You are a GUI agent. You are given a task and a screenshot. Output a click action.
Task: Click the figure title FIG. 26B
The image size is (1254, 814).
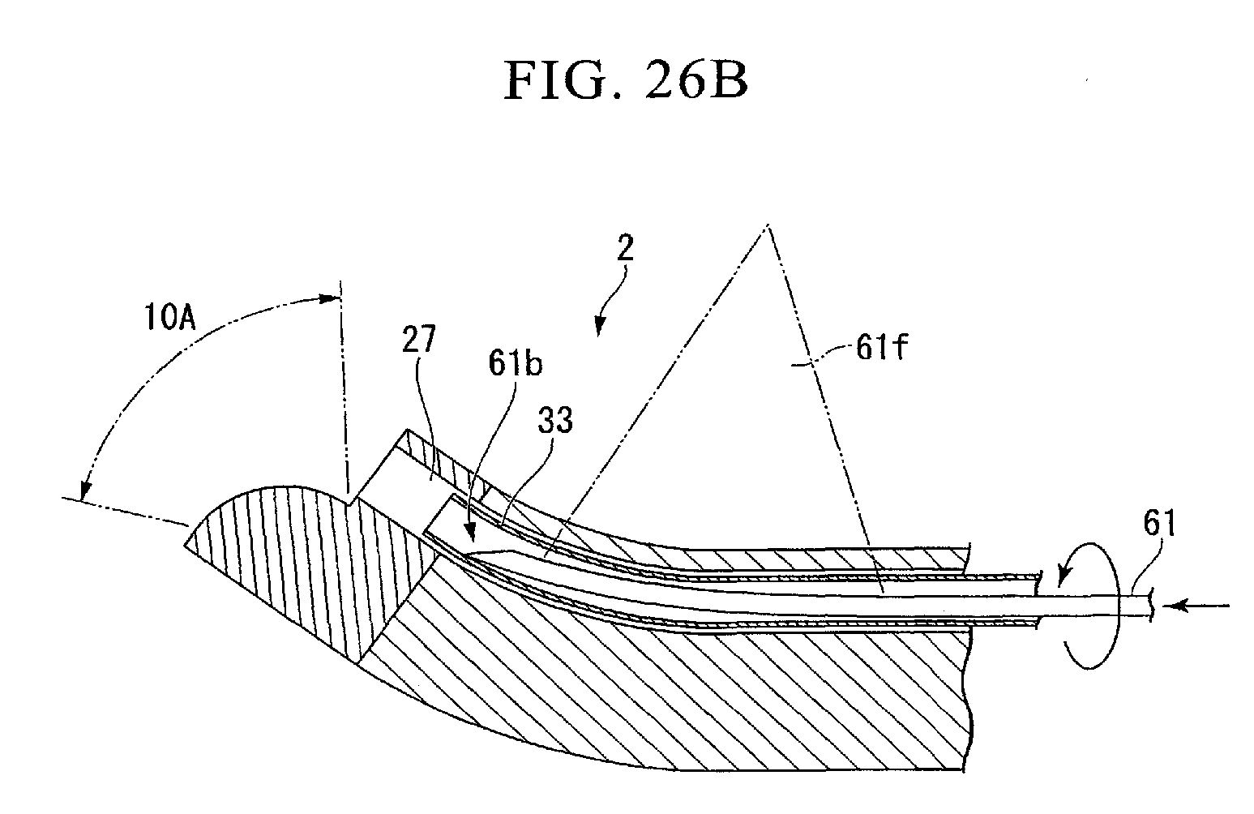[625, 82]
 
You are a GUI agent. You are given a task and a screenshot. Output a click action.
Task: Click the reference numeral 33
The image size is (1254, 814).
[554, 422]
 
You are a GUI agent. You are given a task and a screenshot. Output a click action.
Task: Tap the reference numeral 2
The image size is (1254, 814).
[625, 249]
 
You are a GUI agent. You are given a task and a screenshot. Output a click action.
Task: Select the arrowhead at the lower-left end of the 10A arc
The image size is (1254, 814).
[84, 490]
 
